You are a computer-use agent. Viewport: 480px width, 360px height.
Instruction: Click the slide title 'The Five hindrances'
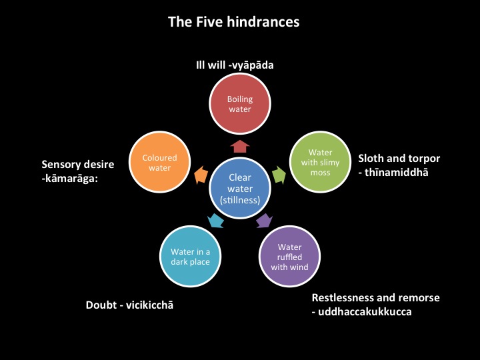click(x=233, y=22)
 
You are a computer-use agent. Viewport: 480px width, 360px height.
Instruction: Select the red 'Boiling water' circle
click(x=239, y=105)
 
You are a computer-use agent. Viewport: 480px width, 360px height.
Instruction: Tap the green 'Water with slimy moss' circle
click(x=320, y=163)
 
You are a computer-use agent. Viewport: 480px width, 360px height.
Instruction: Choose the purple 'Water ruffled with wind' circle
click(x=289, y=257)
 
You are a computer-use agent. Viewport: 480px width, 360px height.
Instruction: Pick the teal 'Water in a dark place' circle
click(x=190, y=257)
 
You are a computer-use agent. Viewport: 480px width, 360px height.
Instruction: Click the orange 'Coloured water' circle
click(x=160, y=163)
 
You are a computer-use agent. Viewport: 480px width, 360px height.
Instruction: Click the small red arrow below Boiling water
click(x=240, y=145)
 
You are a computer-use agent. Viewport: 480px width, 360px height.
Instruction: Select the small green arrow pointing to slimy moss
click(x=280, y=175)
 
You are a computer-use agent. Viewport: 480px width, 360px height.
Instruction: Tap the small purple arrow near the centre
click(x=264, y=220)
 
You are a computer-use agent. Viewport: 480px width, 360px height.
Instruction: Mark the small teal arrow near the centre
click(x=215, y=220)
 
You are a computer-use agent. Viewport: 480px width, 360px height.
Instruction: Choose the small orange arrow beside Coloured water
click(x=199, y=175)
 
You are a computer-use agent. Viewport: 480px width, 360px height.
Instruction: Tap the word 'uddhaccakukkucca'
click(x=366, y=311)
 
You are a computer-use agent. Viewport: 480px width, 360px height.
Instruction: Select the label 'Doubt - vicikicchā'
click(x=133, y=305)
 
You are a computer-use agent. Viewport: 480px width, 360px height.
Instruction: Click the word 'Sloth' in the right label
click(x=372, y=159)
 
